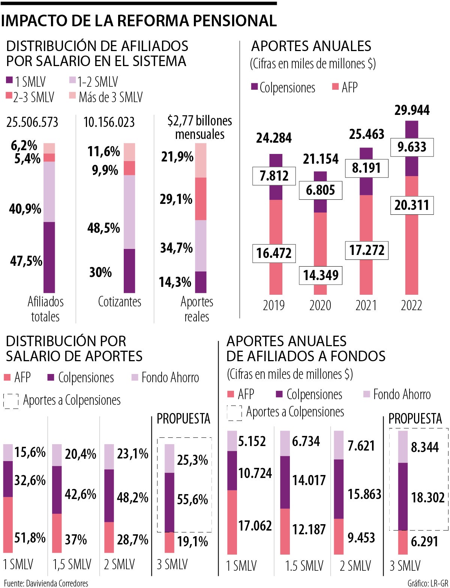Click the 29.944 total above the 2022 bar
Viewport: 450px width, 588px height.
[412, 110]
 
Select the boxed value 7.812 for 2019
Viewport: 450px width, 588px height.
[274, 176]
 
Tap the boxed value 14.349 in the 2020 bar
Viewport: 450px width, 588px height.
[321, 275]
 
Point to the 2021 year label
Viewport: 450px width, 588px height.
[366, 305]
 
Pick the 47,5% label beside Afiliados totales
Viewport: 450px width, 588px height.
[26, 261]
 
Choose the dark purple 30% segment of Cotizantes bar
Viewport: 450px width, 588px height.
[129, 271]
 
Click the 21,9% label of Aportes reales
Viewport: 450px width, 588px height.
[177, 157]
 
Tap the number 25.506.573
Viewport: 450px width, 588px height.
[32, 122]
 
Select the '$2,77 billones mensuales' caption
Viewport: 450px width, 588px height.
[199, 128]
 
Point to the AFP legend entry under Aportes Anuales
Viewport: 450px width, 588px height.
[345, 87]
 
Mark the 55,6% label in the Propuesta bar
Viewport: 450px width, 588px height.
[192, 500]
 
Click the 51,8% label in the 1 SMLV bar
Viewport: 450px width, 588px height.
[30, 538]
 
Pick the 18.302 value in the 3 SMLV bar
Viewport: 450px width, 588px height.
[427, 498]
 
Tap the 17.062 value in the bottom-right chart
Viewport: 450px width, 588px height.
[255, 526]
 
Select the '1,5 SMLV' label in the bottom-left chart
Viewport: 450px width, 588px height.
[72, 564]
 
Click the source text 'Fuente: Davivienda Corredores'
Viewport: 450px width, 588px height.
[46, 583]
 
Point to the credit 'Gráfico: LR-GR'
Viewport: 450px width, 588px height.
[427, 583]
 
